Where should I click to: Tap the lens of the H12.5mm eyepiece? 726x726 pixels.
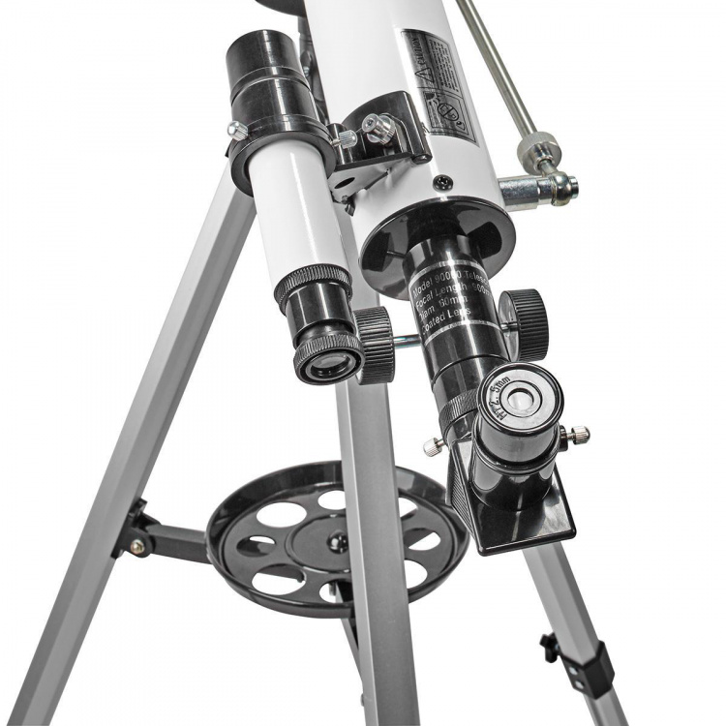pos(523,396)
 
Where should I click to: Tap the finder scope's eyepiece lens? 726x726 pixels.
pos(330,363)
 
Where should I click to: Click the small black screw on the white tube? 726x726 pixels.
pos(442,181)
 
